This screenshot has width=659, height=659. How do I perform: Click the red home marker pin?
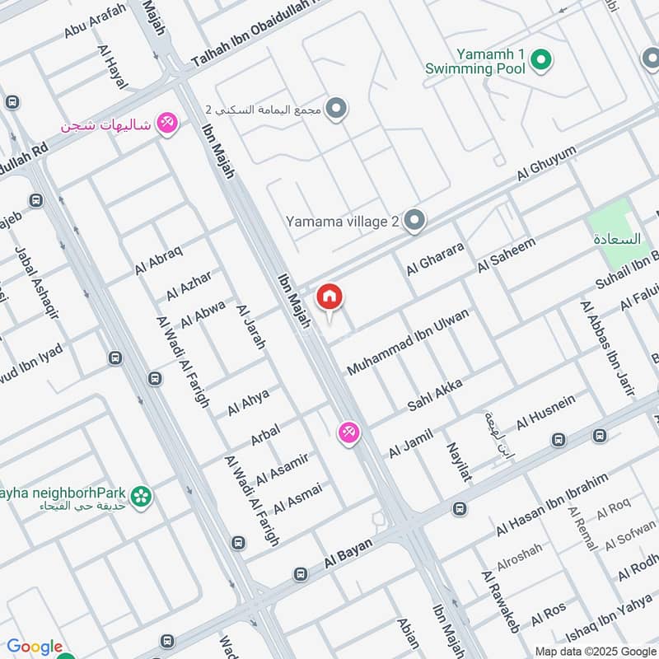329,297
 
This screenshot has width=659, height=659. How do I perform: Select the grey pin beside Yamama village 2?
416,221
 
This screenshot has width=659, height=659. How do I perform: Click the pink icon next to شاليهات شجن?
167,124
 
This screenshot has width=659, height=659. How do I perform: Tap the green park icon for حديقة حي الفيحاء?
142,496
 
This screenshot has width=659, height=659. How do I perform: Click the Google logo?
35,647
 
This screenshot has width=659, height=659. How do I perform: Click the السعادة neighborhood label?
616,239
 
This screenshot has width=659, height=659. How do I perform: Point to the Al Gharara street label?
435,259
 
